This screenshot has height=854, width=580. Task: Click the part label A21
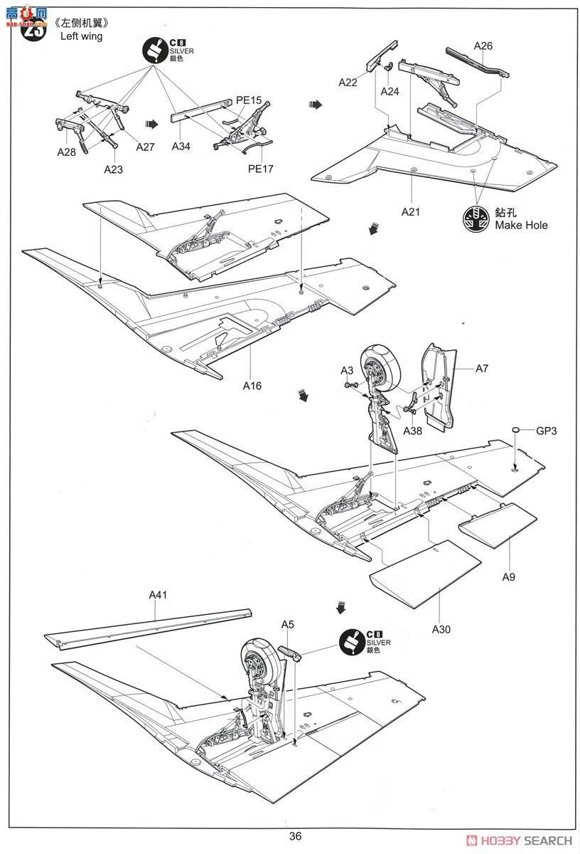pyautogui.click(x=412, y=211)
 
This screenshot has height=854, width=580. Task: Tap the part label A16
pyautogui.click(x=252, y=386)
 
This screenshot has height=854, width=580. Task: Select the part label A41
pyautogui.click(x=157, y=595)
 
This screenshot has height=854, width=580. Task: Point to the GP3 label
pyautogui.click(x=547, y=431)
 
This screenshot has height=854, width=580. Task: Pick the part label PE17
pyautogui.click(x=260, y=169)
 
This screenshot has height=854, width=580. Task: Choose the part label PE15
pyautogui.click(x=249, y=102)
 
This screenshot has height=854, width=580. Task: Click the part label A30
pyautogui.click(x=441, y=629)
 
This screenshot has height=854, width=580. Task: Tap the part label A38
pyautogui.click(x=413, y=431)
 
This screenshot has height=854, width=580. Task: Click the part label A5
pyautogui.click(x=287, y=624)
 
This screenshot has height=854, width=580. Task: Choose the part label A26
pyautogui.click(x=483, y=46)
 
